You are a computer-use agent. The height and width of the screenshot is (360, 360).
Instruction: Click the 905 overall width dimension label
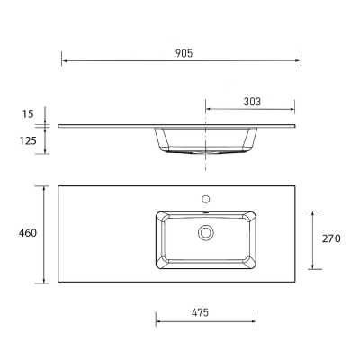(x=184, y=53)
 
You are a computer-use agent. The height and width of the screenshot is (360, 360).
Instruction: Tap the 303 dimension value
(x=252, y=102)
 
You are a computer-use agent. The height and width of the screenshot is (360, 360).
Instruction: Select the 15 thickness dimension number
(x=28, y=114)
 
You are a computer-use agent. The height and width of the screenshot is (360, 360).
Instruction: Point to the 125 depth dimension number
(x=28, y=140)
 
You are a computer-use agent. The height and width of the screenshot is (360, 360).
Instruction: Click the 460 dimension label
(x=28, y=233)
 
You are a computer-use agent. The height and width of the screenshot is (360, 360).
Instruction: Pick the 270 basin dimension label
(x=331, y=238)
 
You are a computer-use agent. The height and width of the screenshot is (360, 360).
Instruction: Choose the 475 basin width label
(x=200, y=312)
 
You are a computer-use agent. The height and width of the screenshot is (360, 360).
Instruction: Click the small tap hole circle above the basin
(x=206, y=199)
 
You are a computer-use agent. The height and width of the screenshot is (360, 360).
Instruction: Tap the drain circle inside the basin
(x=206, y=232)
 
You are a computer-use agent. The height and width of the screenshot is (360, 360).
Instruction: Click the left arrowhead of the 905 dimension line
(x=65, y=61)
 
